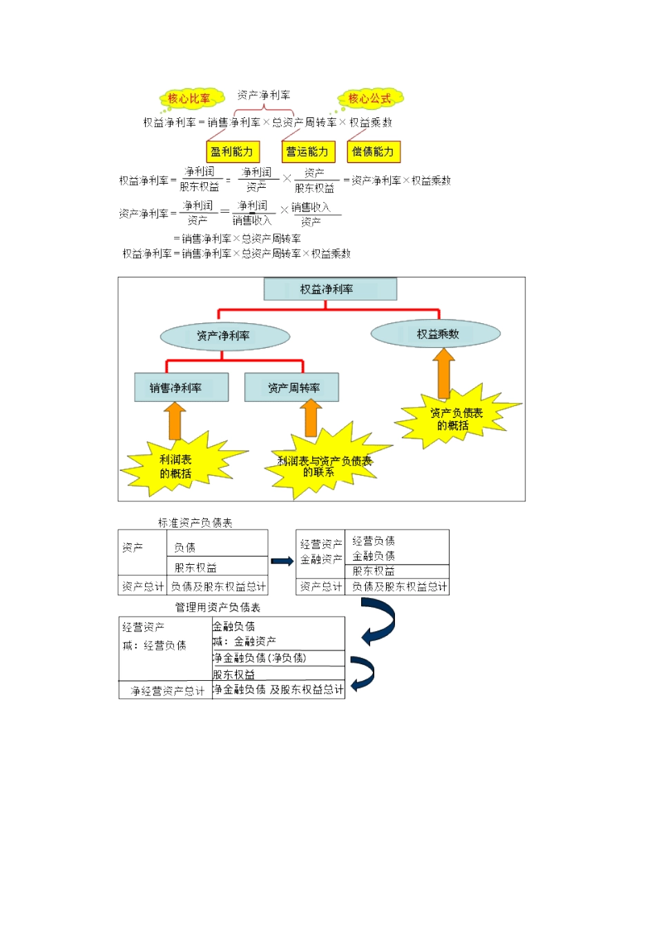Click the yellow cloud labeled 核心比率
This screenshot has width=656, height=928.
[190, 99]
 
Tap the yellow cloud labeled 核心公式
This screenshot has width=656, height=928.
[369, 99]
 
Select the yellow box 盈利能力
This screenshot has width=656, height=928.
[232, 152]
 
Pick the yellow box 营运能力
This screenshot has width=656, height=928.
[307, 152]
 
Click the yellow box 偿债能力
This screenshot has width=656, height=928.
[373, 152]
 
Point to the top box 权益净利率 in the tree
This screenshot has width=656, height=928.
[330, 289]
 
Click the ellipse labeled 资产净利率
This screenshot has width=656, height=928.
[224, 336]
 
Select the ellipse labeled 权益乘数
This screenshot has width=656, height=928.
[436, 334]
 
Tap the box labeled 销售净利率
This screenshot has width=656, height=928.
[181, 388]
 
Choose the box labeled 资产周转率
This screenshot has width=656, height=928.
[291, 388]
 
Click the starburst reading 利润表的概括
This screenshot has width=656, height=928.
[177, 466]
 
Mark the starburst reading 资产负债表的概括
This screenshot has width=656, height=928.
[456, 418]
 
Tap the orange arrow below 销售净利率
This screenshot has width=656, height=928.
[175, 421]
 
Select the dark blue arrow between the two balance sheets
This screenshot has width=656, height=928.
[282, 561]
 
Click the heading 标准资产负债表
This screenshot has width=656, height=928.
[195, 523]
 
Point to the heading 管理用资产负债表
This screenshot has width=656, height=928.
[218, 608]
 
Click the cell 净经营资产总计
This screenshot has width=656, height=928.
[166, 690]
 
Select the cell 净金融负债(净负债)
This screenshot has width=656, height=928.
[260, 658]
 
